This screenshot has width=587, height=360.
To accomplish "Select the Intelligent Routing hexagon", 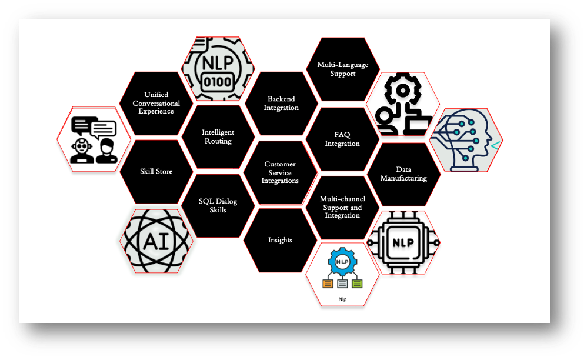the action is point(218,136).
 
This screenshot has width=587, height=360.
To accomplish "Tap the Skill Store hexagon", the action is point(156,171).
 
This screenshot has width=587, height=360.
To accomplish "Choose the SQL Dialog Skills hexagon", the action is point(218,205).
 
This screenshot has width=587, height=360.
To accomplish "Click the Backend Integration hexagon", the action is point(281,104).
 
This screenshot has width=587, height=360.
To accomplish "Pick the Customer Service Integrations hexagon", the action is point(280,172).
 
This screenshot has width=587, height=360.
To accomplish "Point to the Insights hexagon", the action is point(280,240).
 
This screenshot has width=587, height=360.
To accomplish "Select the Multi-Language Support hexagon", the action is point(343,69).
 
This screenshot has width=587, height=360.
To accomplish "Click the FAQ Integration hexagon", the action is point(342,139).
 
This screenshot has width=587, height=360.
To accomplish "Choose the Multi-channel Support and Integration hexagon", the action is point(342,207).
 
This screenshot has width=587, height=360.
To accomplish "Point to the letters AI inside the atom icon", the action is point(156,241).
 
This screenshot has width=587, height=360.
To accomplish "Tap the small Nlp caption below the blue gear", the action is point(342,299).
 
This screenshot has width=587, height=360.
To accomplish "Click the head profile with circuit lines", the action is point(468,140).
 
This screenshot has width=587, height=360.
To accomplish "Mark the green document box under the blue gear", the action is point(358,284).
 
